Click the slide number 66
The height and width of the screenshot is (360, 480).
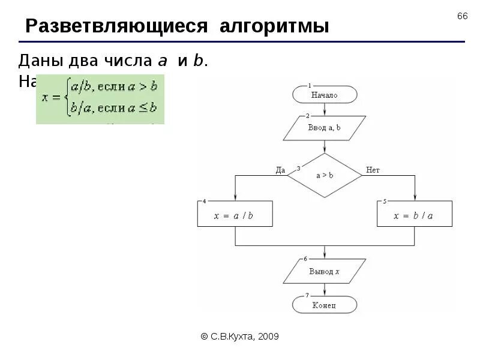[462, 16]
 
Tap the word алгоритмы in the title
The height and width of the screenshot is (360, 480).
[274, 27]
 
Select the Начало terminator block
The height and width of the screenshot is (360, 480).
[325, 95]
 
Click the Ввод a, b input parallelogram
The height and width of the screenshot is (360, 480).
[325, 128]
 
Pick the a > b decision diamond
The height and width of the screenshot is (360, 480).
[325, 176]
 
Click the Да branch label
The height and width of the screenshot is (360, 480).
[280, 170]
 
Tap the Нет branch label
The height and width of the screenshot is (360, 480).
[373, 170]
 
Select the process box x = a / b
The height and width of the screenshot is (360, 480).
[235, 214]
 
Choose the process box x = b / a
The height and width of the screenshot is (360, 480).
[415, 214]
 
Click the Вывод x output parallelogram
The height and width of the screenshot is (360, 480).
[325, 271]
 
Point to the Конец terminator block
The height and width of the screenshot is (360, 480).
[325, 305]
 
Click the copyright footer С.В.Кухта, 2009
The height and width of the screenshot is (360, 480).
[239, 337]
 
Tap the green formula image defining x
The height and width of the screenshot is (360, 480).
[100, 99]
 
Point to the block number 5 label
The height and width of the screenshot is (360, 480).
[384, 201]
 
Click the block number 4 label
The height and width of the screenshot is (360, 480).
[204, 201]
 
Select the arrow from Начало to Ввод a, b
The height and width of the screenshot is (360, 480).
[325, 109]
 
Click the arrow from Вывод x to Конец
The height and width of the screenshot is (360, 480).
[325, 289]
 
